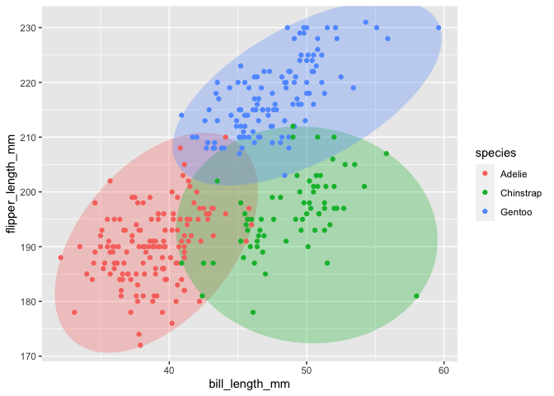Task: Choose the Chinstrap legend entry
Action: [x=519, y=193]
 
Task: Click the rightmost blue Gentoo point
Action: [x=439, y=28]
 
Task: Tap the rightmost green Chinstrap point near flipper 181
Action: [x=416, y=296]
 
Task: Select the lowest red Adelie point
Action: [x=139, y=345]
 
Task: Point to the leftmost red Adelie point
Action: [x=60, y=257]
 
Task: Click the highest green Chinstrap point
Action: [x=386, y=153]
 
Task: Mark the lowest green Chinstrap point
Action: [x=253, y=313]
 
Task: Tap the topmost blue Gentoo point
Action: [x=366, y=22]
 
